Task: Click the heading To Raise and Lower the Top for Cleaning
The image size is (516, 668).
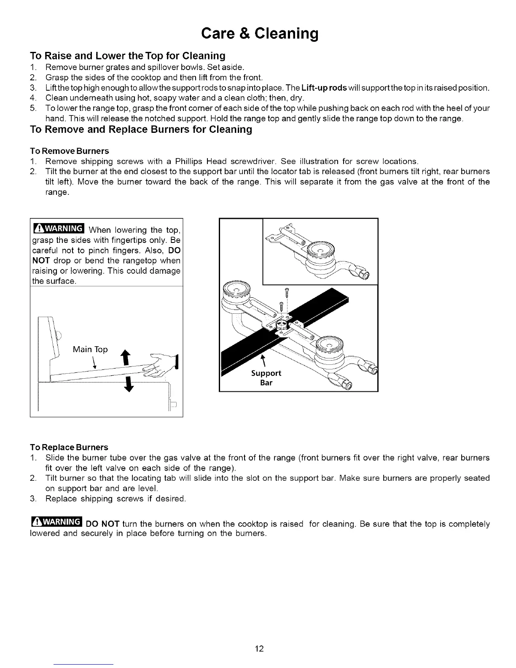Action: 127,56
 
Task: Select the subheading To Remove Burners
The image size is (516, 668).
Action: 70,151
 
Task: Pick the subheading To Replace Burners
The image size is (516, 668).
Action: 69,447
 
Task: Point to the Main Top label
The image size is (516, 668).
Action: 90,349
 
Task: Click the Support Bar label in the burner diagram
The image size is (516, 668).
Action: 266,378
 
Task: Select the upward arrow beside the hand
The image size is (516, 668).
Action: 125,357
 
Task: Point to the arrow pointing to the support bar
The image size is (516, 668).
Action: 263,360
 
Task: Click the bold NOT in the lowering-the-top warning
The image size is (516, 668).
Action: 40,261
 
